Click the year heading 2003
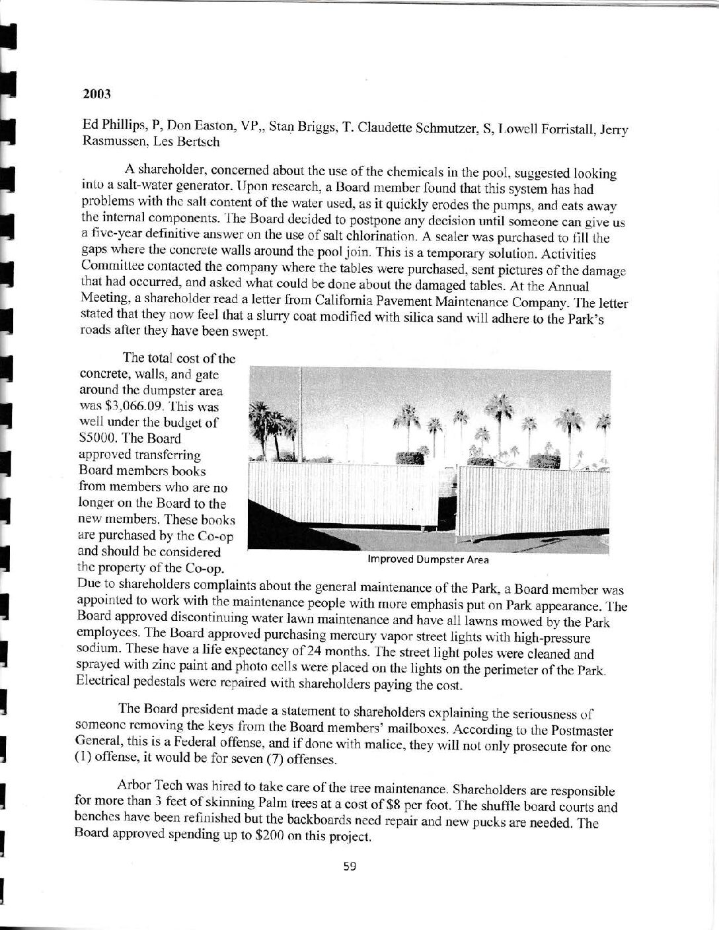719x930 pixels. click(96, 94)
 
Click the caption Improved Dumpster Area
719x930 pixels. click(428, 560)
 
